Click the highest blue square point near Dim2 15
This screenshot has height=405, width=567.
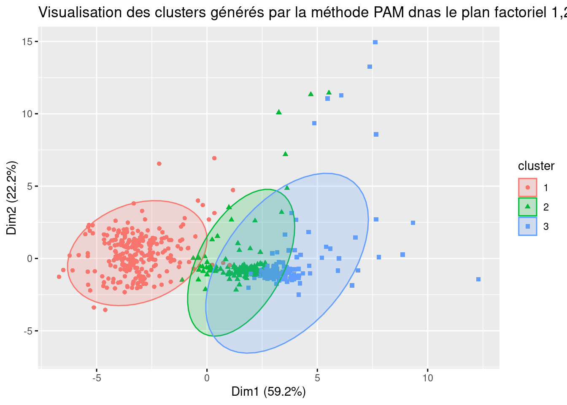point(375,42)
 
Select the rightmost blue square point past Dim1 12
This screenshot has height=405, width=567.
point(478,279)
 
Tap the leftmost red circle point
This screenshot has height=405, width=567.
point(59,277)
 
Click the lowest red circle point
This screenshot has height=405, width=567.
point(105,310)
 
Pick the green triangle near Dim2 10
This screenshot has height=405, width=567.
point(279,112)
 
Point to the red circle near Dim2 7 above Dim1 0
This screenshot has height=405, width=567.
point(214,158)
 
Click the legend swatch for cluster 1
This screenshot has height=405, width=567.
point(527,187)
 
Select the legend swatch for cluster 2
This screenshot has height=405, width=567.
point(527,207)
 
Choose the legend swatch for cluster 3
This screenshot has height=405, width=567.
point(527,227)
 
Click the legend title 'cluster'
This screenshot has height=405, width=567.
point(536,166)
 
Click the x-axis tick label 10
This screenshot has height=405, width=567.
point(428,378)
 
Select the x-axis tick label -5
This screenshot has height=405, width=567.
point(97,378)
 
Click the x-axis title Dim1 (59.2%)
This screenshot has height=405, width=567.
point(269,392)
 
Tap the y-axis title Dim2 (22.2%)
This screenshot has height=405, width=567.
point(12,198)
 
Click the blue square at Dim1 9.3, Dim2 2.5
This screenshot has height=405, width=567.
point(413,223)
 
